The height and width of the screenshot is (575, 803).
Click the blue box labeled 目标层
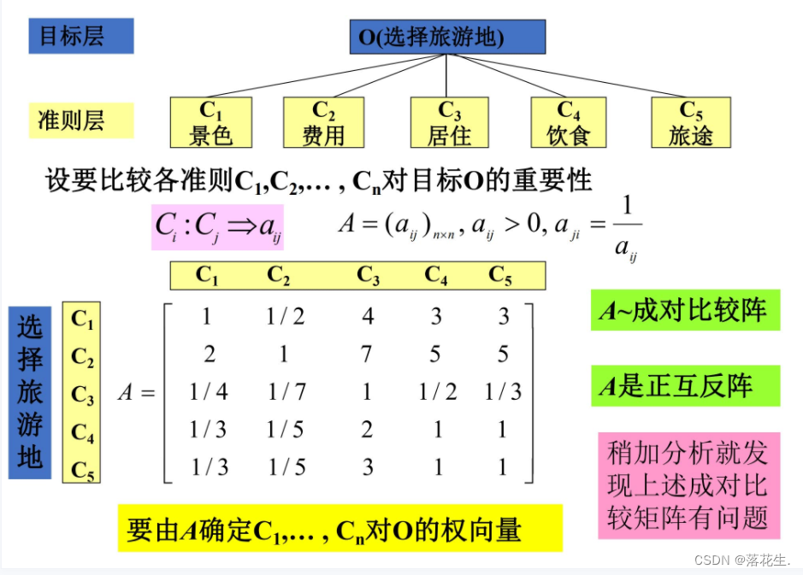pyautogui.click(x=81, y=37)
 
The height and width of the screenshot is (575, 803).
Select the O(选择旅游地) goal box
pyautogui.click(x=447, y=37)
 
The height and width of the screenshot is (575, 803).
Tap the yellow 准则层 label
pyautogui.click(x=81, y=120)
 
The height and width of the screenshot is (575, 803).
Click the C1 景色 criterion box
pyautogui.click(x=210, y=122)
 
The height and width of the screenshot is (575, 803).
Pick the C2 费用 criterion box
pyautogui.click(x=323, y=122)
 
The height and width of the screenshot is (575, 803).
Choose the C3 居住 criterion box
pyautogui.click(x=449, y=122)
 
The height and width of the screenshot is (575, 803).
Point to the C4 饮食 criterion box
pyautogui.click(x=568, y=122)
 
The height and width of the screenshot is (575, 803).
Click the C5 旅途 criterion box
pyautogui.click(x=690, y=122)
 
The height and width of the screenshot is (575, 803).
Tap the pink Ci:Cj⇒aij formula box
pyautogui.click(x=217, y=226)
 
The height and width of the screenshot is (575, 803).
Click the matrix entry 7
pyautogui.click(x=367, y=354)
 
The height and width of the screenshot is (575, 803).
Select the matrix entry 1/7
pyautogui.click(x=286, y=392)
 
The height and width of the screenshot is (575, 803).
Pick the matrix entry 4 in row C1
pyautogui.click(x=368, y=317)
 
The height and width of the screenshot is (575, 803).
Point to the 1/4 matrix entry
pyautogui.click(x=208, y=392)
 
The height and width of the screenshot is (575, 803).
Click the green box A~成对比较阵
pyautogui.click(x=684, y=310)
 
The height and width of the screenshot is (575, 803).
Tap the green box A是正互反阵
pyautogui.click(x=684, y=386)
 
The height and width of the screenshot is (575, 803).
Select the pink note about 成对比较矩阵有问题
pyautogui.click(x=688, y=484)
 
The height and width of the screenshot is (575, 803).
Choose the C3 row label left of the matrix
pyautogui.click(x=82, y=396)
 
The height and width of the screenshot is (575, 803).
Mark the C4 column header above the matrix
pyautogui.click(x=436, y=275)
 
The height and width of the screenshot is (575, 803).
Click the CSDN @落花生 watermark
pyautogui.click(x=741, y=560)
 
